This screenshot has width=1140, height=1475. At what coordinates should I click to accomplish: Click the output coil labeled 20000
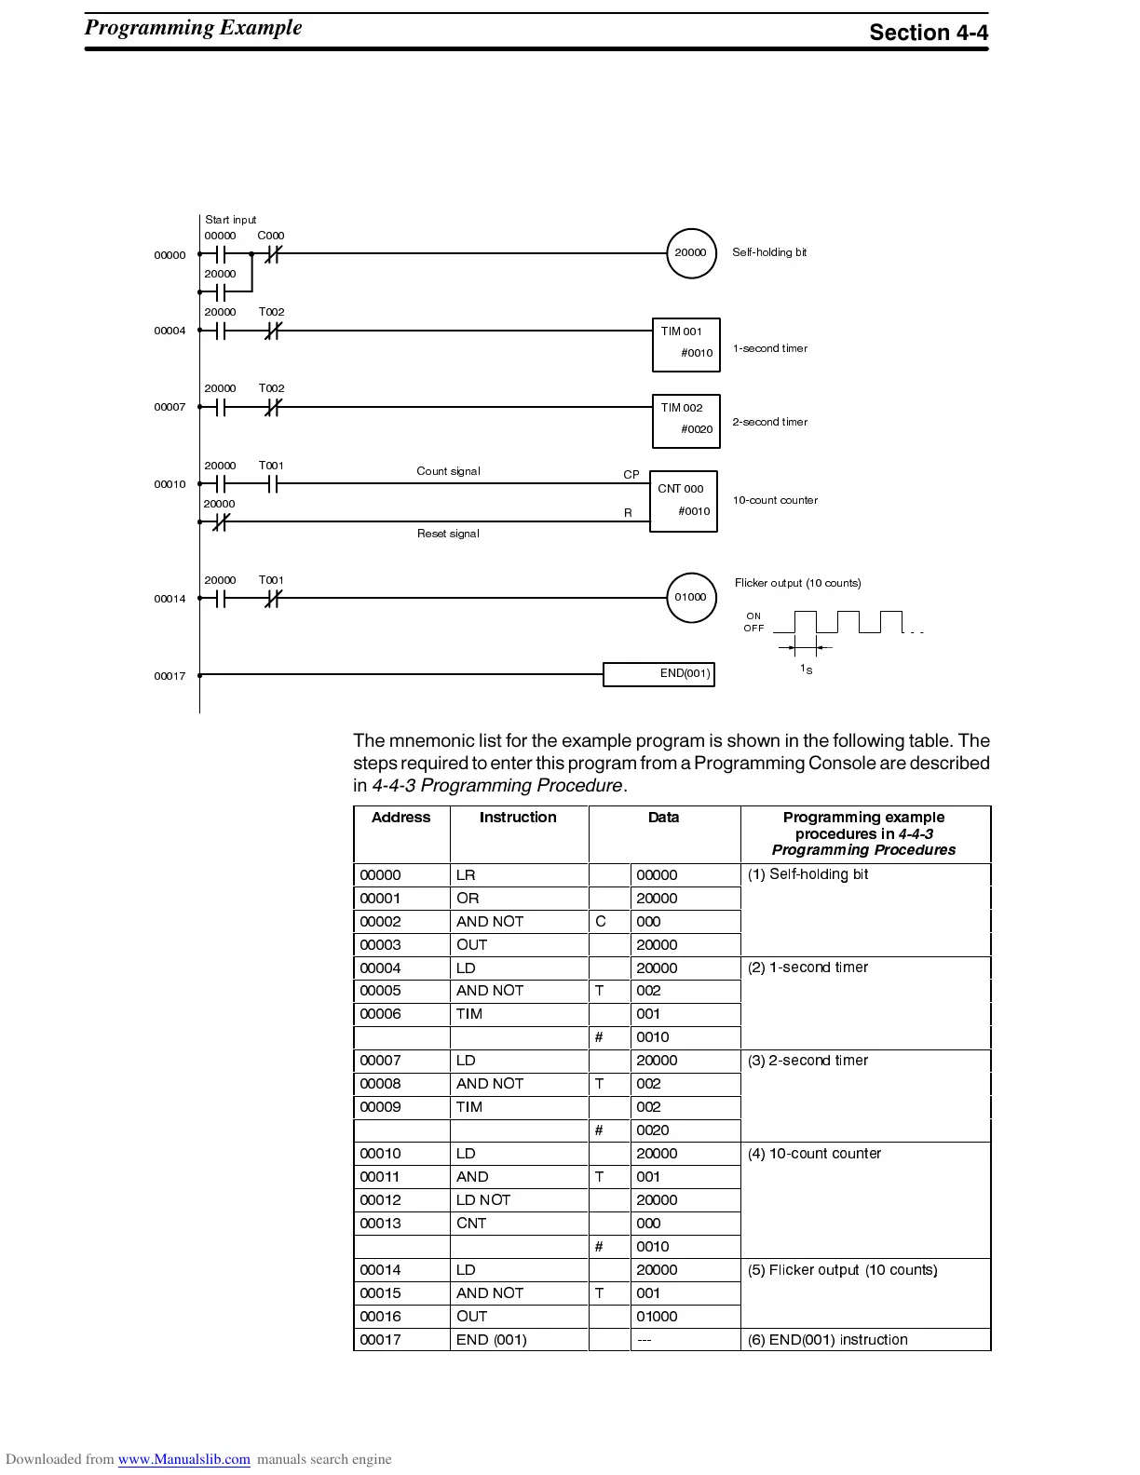point(691,253)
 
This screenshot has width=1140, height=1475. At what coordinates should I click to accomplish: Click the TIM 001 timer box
point(686,344)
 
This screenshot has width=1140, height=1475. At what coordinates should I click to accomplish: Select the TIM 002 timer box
point(686,420)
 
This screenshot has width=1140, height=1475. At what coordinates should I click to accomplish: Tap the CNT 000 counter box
point(683,501)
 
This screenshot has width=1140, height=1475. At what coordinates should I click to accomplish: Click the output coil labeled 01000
point(691,598)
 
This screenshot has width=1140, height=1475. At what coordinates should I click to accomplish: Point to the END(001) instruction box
point(658,674)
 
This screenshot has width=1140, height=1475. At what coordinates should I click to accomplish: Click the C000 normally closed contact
point(272,253)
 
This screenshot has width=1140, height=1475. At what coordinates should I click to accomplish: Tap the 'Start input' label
point(230,220)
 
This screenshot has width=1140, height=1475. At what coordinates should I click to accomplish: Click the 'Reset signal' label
point(448,534)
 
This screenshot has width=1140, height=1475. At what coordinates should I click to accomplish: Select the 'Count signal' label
point(448,471)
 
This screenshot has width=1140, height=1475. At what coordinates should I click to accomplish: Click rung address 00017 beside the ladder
point(170,676)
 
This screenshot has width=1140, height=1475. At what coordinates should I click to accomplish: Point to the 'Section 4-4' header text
point(928,33)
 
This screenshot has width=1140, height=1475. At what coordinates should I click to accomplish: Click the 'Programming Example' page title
point(193,27)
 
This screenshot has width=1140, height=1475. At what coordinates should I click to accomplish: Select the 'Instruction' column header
point(518,818)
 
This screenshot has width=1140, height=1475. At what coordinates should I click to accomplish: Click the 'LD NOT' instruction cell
point(483,1200)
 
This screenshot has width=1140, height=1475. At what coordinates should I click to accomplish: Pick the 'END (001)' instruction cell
point(492,1340)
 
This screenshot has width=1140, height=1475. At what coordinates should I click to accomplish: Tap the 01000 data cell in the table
point(657,1317)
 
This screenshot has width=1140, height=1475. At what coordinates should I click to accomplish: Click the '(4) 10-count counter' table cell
point(814,1154)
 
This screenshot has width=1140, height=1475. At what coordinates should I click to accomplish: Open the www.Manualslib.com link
point(183,1459)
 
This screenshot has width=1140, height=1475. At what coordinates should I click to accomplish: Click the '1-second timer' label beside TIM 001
point(769,348)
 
